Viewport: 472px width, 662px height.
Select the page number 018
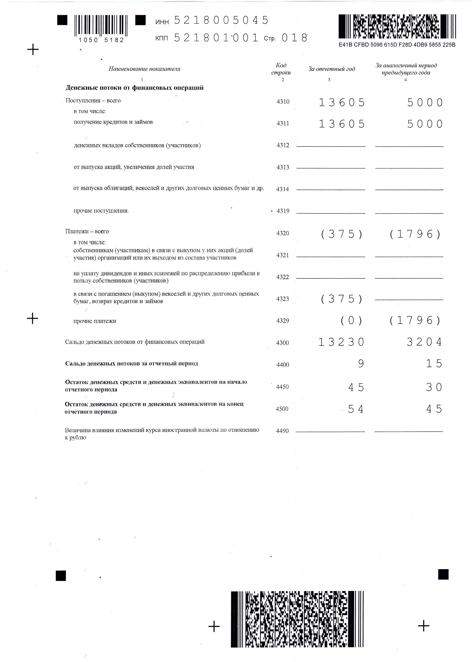tap(294, 38)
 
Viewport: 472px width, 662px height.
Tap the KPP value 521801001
tap(216, 38)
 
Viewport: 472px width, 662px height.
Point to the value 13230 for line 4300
tap(341, 342)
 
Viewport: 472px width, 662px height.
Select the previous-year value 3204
tap(424, 342)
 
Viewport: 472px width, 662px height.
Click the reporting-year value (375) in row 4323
tap(342, 299)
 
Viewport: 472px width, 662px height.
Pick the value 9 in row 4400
tap(361, 364)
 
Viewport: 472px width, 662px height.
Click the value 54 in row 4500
tap(356, 409)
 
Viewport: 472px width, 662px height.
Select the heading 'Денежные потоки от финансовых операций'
tap(134, 88)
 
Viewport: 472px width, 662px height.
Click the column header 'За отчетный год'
tap(331, 69)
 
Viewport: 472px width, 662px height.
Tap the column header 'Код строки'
tap(281, 69)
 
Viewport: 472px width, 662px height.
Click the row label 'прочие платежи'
tap(95, 321)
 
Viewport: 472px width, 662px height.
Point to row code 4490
tap(282, 431)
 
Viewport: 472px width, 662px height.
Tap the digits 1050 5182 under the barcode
tap(101, 40)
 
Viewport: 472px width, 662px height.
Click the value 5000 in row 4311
tap(425, 124)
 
